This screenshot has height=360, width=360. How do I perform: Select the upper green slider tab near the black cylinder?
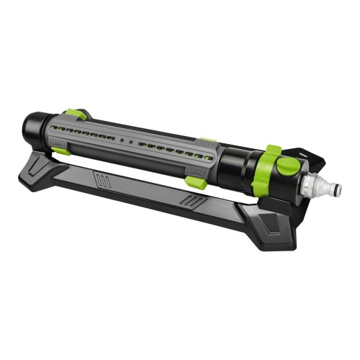207,142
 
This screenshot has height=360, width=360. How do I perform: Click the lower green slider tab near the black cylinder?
196,183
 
